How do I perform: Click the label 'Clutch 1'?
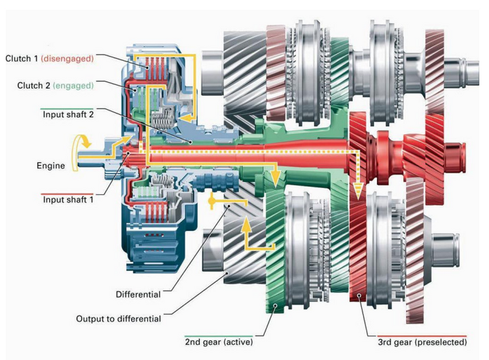22,58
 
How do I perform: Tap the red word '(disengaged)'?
67,58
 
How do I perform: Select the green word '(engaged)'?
73,86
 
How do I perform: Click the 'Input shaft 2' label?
68,115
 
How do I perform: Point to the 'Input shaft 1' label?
68,200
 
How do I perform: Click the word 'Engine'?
51,165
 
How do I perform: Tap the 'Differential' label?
138,294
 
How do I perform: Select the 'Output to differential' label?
118,319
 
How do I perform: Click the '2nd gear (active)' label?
219,342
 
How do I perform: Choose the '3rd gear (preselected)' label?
422,342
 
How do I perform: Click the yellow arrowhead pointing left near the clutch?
187,118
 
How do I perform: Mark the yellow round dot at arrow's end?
212,202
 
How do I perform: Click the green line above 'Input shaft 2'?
67,109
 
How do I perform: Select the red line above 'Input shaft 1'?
67,194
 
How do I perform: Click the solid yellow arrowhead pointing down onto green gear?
275,179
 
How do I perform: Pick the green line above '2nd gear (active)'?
219,336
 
